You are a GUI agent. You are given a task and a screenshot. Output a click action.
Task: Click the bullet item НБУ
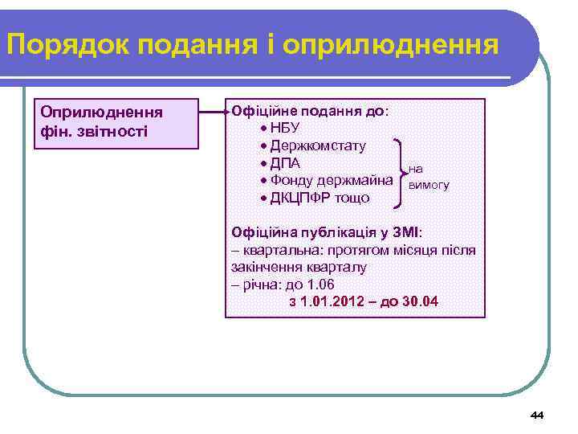(285, 129)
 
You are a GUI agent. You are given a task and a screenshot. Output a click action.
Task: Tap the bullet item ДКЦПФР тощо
(308, 198)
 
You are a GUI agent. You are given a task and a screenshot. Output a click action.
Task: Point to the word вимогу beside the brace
(429, 186)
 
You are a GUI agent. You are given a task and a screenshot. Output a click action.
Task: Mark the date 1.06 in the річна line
(320, 285)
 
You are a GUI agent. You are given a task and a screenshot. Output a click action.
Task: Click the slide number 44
(537, 415)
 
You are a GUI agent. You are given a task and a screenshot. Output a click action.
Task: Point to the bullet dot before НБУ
(264, 129)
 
